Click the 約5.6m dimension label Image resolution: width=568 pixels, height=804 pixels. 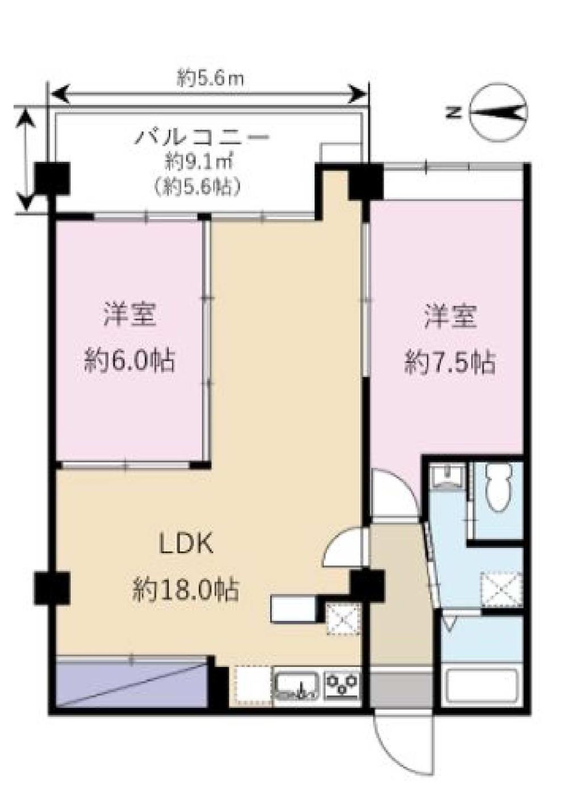[210, 80]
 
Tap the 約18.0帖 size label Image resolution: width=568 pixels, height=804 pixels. [186, 590]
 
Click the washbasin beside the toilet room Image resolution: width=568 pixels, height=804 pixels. [448, 478]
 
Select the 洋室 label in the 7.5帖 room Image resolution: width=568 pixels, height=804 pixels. [451, 317]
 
